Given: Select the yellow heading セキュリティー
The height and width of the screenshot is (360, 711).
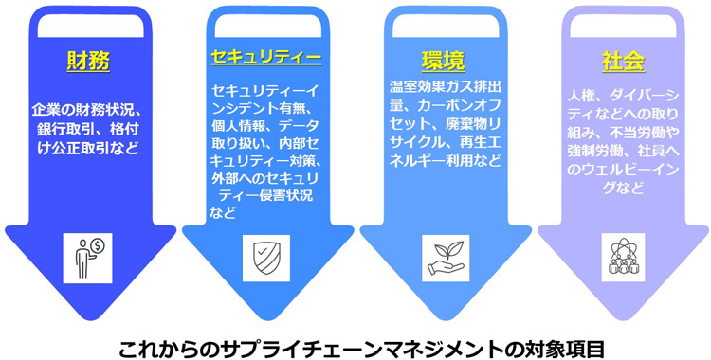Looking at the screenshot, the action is [265, 58].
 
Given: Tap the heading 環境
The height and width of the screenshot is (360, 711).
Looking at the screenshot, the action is [442, 61].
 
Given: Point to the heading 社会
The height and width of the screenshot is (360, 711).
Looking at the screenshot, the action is [623, 61].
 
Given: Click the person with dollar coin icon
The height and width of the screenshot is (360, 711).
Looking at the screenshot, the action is [88, 254].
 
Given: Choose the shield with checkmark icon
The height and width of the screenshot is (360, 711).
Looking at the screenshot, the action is [265, 254].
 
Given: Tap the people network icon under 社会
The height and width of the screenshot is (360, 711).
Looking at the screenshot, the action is [623, 254].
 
